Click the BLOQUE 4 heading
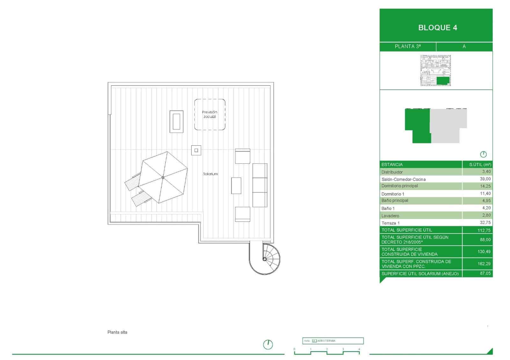coord(437,28)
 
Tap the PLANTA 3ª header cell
coord(407,47)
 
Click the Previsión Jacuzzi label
coord(209,114)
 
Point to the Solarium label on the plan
coord(210,174)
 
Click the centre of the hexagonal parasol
coord(163,177)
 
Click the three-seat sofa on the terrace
coord(259,185)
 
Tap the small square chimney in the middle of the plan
coord(196,150)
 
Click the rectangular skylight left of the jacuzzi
coord(176,121)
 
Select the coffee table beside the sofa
coord(236,185)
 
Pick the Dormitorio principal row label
coord(399,186)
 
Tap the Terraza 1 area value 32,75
coord(485,223)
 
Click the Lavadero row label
coord(390,216)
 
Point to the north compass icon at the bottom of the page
coord(268,344)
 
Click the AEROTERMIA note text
coord(326,341)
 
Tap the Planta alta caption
coord(117,332)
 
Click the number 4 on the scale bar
coord(359,349)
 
